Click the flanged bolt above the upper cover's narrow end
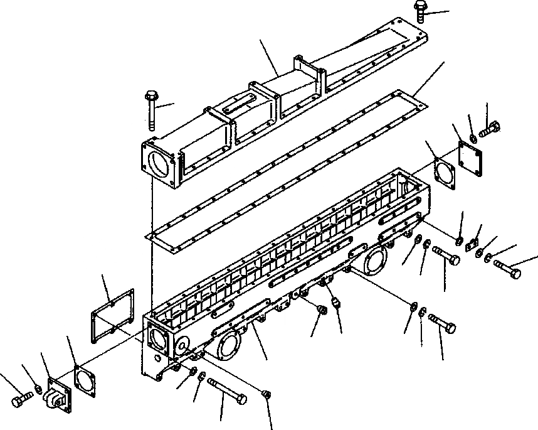pyautogui.click(x=421, y=9)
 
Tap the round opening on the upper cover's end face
pyautogui.click(x=159, y=166)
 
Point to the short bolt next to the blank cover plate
pyautogui.click(x=489, y=130)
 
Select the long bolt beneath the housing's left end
pyautogui.click(x=226, y=389)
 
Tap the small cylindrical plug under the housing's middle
pyautogui.click(x=335, y=304)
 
